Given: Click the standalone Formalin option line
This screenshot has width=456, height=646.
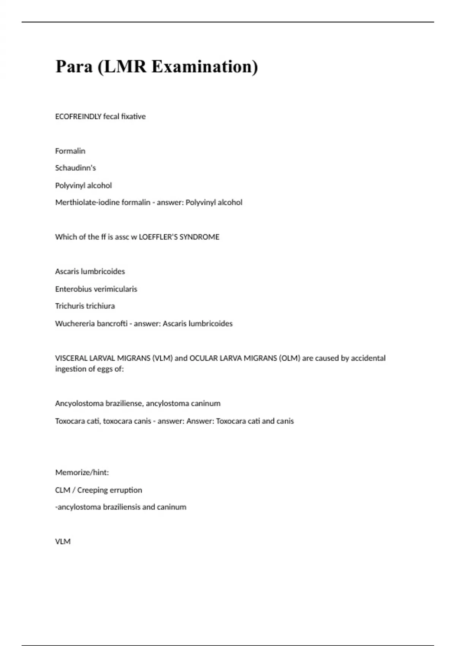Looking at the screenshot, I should (70, 151).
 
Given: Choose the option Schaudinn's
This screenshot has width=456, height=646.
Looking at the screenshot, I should (76, 168).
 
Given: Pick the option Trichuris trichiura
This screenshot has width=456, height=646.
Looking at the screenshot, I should (85, 306).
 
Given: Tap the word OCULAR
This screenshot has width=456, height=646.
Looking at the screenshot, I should (204, 358).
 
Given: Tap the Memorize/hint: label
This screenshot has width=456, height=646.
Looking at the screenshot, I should (82, 473).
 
